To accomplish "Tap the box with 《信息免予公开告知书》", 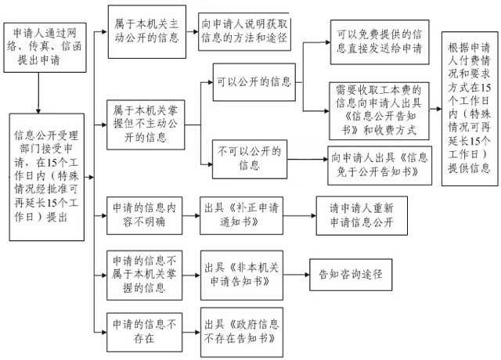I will coord(378,164).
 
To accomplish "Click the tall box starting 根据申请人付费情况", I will coord(469,108).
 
